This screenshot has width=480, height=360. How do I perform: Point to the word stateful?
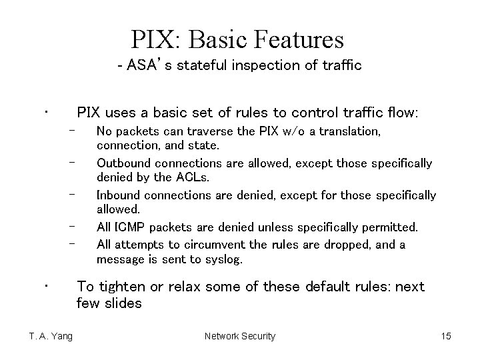pos(200,65)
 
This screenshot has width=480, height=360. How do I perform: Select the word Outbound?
pos(123,163)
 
